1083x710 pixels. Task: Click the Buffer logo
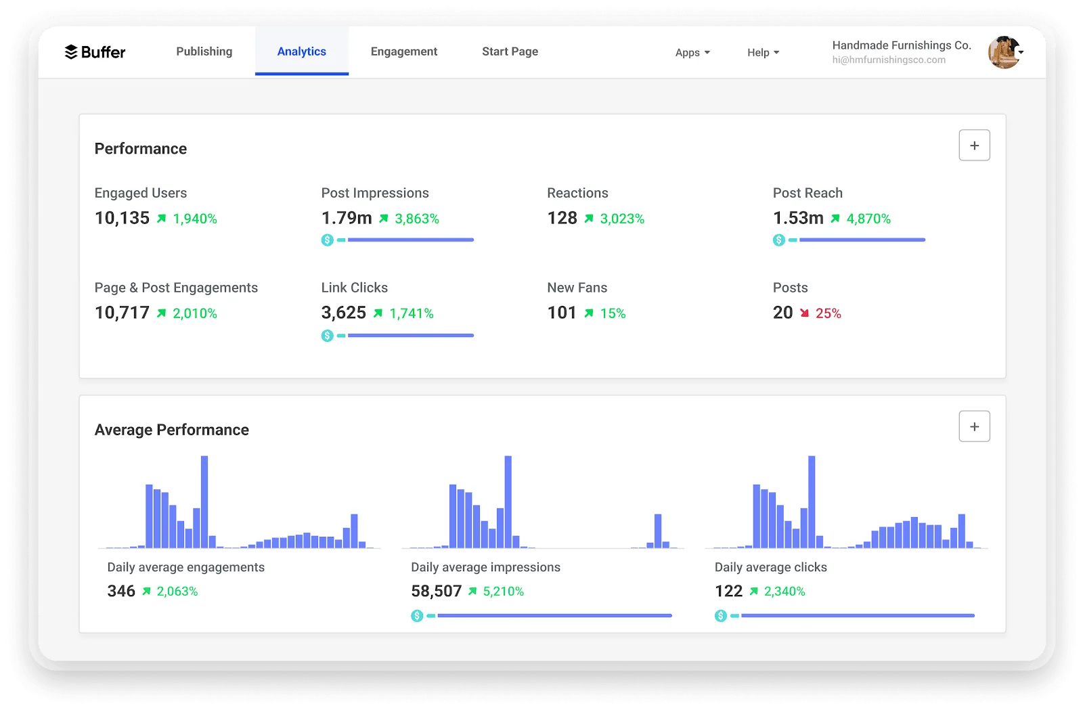tap(95, 51)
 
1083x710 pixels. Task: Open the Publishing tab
tap(204, 51)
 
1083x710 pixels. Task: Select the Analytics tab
tap(302, 51)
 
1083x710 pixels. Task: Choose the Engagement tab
tap(403, 51)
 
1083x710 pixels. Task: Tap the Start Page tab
tap(510, 51)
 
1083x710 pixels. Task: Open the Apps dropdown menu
tap(692, 52)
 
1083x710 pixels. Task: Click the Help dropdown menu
tap(763, 52)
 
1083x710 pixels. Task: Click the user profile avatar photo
tap(1004, 52)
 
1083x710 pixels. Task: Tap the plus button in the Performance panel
tap(974, 145)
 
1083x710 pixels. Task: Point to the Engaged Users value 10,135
tap(122, 218)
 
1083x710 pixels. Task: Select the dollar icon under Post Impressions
tap(328, 240)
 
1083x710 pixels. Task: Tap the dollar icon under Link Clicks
tap(328, 336)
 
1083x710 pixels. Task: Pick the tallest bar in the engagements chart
tap(204, 502)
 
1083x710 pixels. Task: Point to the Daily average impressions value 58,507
tap(436, 591)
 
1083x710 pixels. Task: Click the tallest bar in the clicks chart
tap(812, 502)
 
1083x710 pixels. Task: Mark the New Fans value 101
tap(561, 313)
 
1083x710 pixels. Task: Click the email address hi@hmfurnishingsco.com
tap(889, 60)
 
